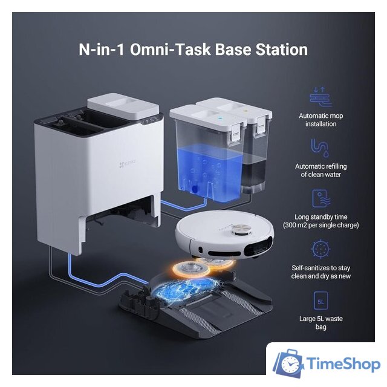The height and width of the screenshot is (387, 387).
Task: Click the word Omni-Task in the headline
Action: pyautogui.click(x=171, y=50)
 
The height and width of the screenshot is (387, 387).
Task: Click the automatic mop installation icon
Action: pyautogui.click(x=320, y=97)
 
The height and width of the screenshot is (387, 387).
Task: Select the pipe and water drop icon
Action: pyautogui.click(x=320, y=148)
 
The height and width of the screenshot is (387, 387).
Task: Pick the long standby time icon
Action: pyautogui.click(x=321, y=199)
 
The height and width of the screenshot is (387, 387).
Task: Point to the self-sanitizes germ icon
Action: pyautogui.click(x=320, y=249)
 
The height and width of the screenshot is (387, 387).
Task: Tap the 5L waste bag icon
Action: pyautogui.click(x=320, y=301)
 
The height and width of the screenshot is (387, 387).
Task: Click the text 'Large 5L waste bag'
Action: pyautogui.click(x=321, y=322)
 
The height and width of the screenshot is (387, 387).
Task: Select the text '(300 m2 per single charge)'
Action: pyautogui.click(x=321, y=225)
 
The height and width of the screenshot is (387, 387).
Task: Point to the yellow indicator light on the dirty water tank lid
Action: pyautogui.click(x=246, y=111)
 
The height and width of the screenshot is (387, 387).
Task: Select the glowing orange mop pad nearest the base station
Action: pyautogui.click(x=192, y=268)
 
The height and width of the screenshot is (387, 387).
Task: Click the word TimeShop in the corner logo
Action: pyautogui.click(x=343, y=364)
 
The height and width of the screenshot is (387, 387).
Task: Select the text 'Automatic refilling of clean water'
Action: pyautogui.click(x=321, y=171)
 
